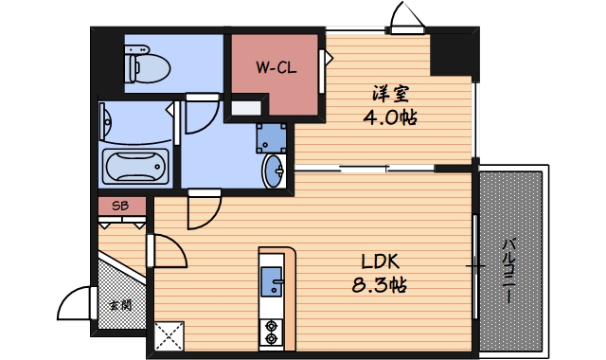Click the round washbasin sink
[x=276, y=172]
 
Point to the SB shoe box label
[x=121, y=206]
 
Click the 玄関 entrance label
[x=119, y=305]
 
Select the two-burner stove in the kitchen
[x=273, y=331]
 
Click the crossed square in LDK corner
[x=168, y=335]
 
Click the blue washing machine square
[x=273, y=137]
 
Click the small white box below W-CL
[x=244, y=106]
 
